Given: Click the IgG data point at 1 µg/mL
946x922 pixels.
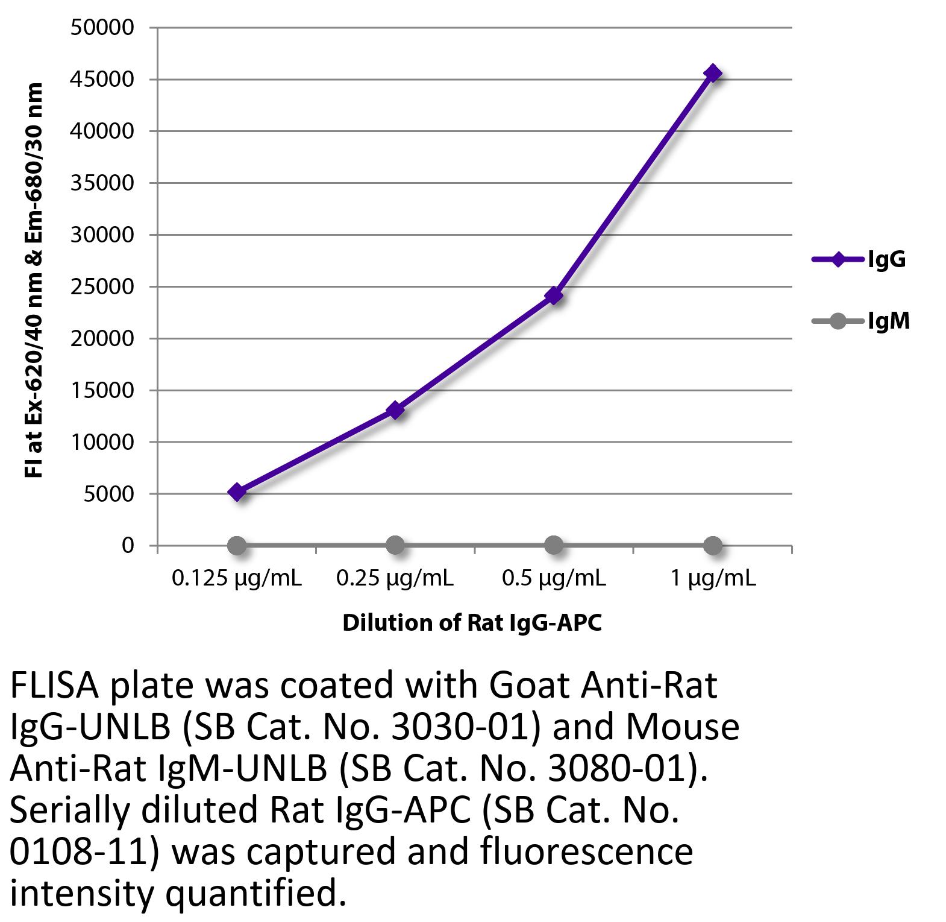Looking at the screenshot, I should point(712,74).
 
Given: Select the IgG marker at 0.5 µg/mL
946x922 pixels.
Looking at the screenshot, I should point(554,295).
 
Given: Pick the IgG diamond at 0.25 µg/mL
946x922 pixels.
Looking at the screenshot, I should point(395,411).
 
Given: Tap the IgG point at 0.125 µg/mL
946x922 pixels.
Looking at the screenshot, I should point(237,492).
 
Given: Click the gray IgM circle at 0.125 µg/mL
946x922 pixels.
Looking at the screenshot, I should point(237,546).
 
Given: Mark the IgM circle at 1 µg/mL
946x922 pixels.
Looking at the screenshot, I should point(712,546).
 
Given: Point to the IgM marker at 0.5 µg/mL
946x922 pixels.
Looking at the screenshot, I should point(554,546).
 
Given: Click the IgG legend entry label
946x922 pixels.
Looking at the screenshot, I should point(886,260).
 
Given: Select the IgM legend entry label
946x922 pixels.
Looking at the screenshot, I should point(888,321).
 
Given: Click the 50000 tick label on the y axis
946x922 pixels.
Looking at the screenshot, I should point(102,28).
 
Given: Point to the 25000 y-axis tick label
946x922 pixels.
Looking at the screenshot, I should point(102,286).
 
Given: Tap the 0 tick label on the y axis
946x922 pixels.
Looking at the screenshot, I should point(127,546).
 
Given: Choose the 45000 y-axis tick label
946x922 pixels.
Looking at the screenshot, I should point(102,80).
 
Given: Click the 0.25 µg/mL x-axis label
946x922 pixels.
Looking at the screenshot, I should point(395,579).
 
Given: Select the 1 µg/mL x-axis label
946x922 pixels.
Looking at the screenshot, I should point(713,579).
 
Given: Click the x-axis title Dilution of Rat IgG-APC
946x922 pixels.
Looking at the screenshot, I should point(472,623).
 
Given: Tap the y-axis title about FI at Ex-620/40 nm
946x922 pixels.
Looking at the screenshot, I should point(34,280).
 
